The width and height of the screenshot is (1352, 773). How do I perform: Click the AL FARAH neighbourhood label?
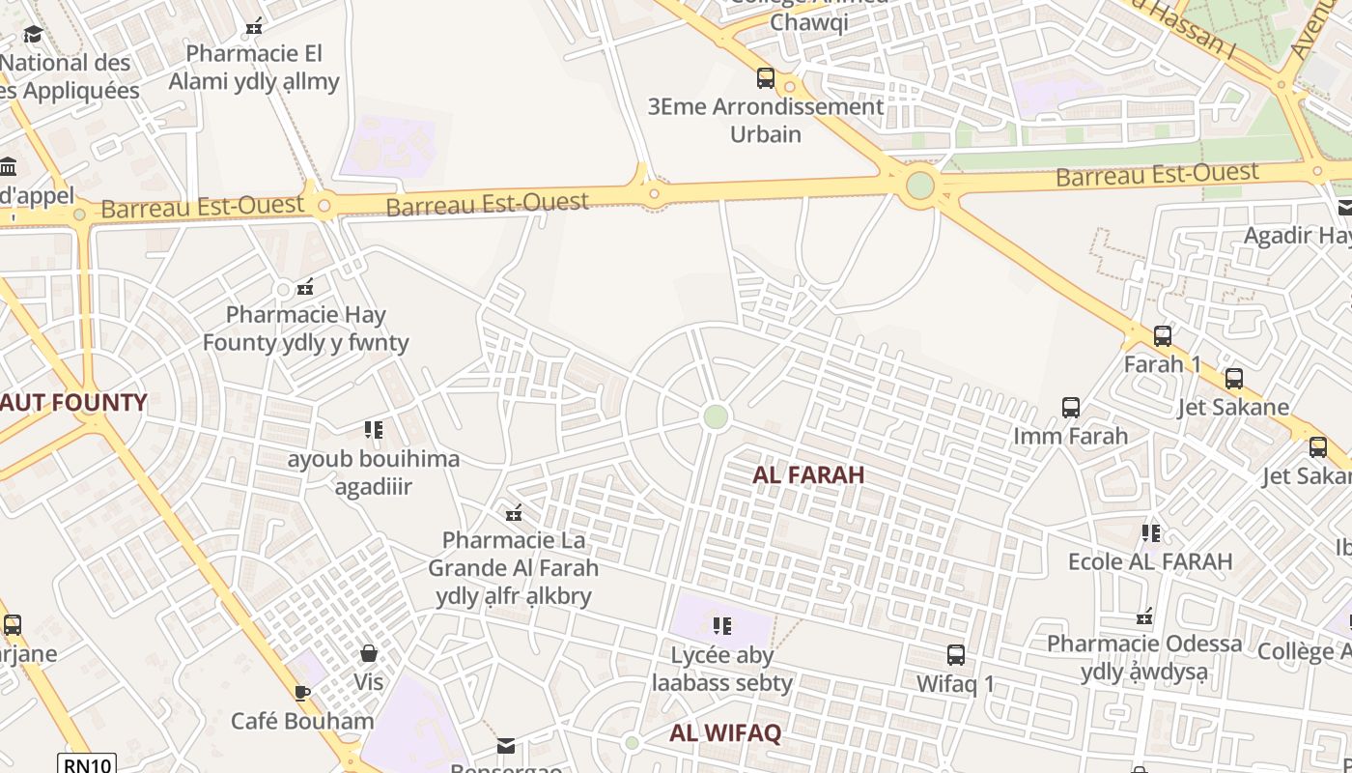808,475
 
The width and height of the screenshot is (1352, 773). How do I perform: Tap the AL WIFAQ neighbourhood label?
725,733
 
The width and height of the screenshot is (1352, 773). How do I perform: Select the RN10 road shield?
87,765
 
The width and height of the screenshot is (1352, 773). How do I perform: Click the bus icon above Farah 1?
1163,336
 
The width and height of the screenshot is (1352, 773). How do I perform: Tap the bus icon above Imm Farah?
1071,408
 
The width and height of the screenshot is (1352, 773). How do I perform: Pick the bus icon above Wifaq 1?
956,655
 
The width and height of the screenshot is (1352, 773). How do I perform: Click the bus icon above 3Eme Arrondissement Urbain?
766,78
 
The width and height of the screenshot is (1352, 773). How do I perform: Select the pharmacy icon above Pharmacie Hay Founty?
305,287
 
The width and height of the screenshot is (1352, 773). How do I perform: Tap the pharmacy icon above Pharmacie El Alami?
254,27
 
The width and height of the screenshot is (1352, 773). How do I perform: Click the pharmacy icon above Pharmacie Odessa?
1145,616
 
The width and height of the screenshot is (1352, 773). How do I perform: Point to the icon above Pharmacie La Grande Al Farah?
514,512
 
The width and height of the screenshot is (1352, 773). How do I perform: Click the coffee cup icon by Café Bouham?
302,693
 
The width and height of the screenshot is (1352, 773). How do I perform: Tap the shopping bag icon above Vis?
368,654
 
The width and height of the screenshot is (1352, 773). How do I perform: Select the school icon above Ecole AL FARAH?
1150,533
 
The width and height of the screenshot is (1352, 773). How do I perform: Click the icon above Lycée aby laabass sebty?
722,626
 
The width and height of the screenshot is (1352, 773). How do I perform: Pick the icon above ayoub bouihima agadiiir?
374,430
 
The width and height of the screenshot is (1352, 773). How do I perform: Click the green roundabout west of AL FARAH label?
715,416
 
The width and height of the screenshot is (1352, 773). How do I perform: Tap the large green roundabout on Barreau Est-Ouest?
920,185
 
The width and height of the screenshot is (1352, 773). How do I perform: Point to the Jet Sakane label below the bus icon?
1233,407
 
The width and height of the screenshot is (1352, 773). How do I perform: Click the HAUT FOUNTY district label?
72,403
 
